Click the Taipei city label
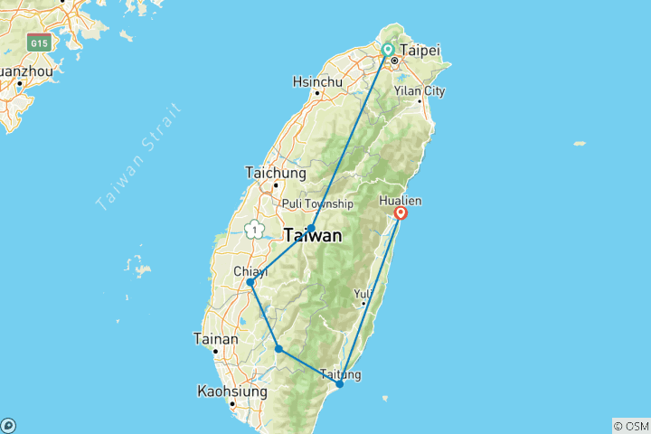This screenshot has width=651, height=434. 420,52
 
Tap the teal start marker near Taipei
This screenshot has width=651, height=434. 388,50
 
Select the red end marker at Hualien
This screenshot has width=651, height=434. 401,213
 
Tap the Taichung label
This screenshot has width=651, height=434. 276,173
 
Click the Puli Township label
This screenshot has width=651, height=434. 316,203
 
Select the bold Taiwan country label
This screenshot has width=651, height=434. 314,237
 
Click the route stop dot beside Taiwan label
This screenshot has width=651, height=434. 311,229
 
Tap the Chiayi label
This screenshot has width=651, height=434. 250,270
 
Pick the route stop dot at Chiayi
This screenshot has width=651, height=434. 250,283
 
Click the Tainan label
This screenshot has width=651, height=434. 216,339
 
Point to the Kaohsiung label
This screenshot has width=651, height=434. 232,392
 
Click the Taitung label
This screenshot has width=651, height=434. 340,373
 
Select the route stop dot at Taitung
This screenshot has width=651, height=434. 340,384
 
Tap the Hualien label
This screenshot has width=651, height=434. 401,200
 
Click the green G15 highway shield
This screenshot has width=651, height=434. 39,42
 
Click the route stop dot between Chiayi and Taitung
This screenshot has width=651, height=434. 278,349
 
